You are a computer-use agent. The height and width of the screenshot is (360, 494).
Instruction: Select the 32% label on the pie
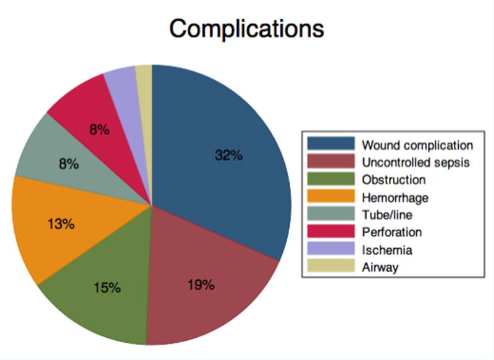click(x=228, y=156)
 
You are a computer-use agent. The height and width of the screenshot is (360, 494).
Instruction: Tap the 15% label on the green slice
click(x=107, y=288)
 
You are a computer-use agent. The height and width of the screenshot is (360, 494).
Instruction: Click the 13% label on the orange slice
click(x=61, y=224)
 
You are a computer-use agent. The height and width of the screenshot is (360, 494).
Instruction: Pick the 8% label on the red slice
click(x=99, y=130)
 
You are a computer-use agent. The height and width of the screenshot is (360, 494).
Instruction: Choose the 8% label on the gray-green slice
click(x=68, y=164)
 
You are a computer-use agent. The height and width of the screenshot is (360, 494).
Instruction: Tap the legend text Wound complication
click(x=417, y=146)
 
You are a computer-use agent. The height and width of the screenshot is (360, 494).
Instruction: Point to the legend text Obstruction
click(x=394, y=180)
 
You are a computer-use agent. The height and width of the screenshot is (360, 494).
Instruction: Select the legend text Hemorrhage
click(x=395, y=198)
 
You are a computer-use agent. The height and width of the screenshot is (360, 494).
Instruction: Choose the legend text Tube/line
click(x=387, y=215)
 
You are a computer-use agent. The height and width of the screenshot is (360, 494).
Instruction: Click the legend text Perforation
click(x=391, y=232)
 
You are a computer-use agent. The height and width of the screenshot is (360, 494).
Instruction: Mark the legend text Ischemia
click(x=387, y=249)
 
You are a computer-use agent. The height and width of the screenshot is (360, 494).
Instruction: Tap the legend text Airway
click(x=380, y=267)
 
